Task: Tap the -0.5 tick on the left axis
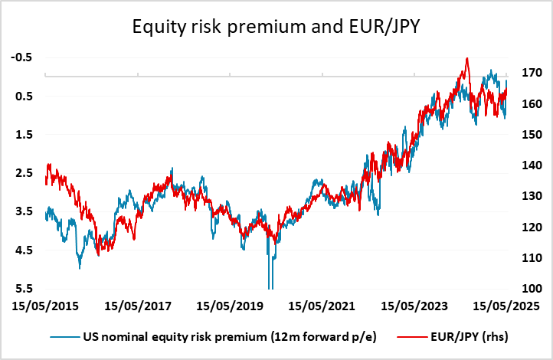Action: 22,57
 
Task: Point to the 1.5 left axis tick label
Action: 24,134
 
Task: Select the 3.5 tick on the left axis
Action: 24,211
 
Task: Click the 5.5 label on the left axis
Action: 24,289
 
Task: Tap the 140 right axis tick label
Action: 530,165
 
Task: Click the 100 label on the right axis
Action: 530,289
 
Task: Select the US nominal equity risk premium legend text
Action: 223,336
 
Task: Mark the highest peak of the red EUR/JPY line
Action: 466,58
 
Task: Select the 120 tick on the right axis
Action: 530,227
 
